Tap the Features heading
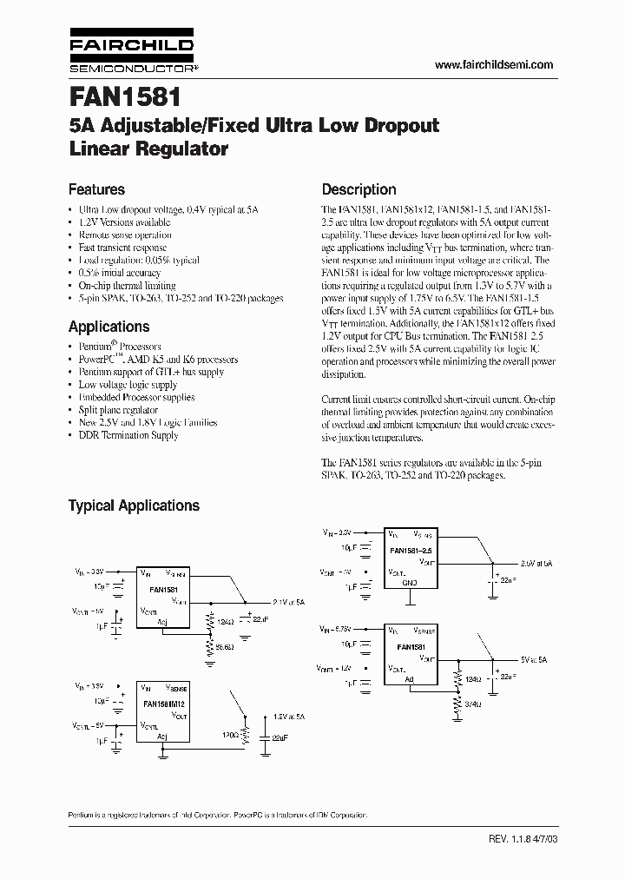click(96, 189)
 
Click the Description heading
click(359, 189)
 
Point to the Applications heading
click(109, 327)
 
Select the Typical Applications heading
click(134, 506)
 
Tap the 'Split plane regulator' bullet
click(118, 410)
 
